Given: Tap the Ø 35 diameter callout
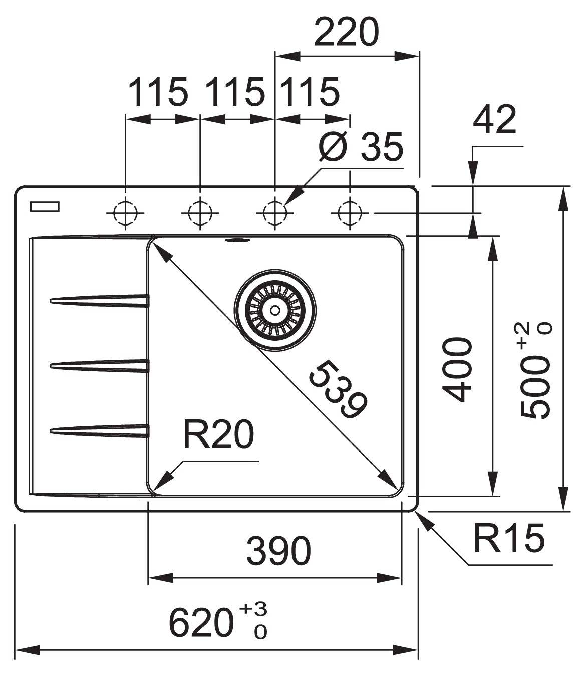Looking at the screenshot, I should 361,147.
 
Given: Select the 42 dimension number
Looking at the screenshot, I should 494,120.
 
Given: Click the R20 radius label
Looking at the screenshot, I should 218,434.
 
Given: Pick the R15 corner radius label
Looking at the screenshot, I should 508,538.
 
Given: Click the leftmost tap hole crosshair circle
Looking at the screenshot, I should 125,213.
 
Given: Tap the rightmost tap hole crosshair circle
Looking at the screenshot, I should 350,213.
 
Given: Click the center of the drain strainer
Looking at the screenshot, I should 274,310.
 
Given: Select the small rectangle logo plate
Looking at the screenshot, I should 45,206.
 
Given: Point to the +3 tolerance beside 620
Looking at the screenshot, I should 253,610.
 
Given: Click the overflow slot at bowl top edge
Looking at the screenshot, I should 238,240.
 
